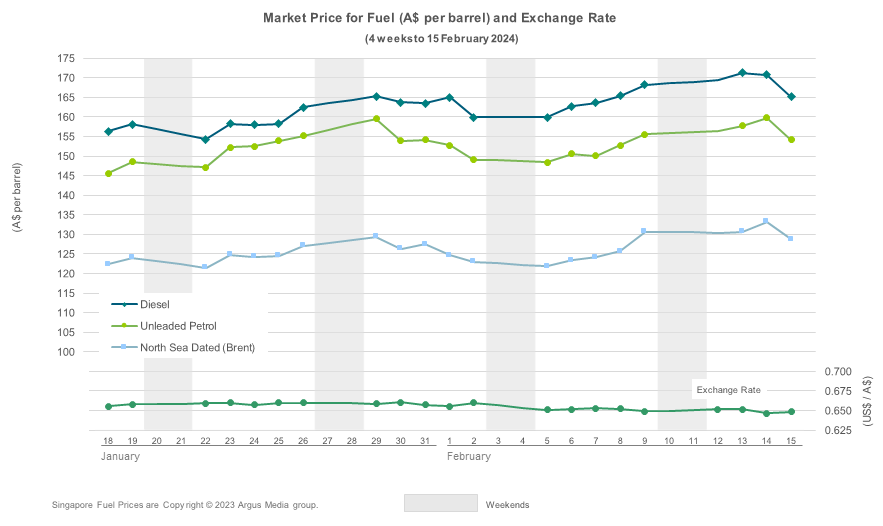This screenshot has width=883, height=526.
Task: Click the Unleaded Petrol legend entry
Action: click(x=178, y=326)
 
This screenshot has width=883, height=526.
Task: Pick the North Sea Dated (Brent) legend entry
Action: click(x=197, y=347)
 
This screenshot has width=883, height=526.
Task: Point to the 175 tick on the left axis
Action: click(x=66, y=58)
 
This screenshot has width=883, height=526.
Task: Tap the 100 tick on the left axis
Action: click(x=66, y=352)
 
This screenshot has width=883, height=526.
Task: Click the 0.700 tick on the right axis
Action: click(x=835, y=371)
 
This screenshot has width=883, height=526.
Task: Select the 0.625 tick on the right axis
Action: click(x=835, y=430)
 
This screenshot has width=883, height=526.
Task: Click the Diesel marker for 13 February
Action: click(x=742, y=73)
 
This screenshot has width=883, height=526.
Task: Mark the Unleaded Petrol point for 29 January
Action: click(x=376, y=119)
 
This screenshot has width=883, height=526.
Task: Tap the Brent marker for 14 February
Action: click(x=766, y=221)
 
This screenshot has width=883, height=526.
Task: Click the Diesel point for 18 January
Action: click(x=108, y=131)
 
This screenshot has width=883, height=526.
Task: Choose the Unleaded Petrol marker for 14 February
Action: click(x=766, y=118)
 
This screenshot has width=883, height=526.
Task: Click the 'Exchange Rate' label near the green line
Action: click(x=728, y=389)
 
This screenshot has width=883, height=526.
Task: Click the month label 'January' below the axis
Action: click(x=120, y=456)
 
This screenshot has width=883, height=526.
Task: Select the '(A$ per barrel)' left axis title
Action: click(x=17, y=196)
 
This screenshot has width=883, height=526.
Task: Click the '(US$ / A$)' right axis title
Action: click(x=867, y=401)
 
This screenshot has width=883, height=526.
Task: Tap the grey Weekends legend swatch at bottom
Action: click(x=440, y=503)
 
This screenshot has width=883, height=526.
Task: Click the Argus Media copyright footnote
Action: click(x=185, y=505)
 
